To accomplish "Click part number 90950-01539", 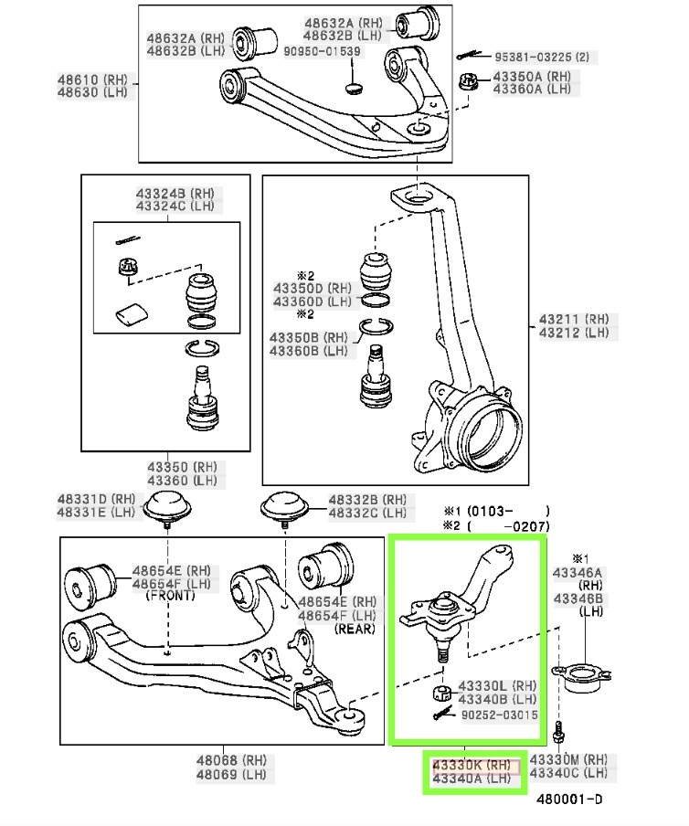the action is click(322, 51).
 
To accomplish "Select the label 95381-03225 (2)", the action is click(542, 57).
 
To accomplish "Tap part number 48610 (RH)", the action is click(92, 80).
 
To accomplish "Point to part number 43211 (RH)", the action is click(574, 319).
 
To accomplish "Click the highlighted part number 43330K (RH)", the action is click(472, 765).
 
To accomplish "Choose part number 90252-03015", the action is click(500, 715).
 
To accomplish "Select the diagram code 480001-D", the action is click(569, 800).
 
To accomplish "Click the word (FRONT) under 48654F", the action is click(170, 596).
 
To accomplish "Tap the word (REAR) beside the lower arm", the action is click(355, 629).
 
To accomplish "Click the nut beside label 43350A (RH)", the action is click(467, 82).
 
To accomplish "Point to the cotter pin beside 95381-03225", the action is click(469, 55).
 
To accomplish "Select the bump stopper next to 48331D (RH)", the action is click(167, 507).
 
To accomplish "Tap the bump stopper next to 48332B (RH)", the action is click(284, 507).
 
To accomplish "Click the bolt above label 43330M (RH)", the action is click(559, 734).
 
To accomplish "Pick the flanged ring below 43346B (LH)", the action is click(581, 677).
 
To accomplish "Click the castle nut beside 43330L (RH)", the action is click(441, 693).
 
